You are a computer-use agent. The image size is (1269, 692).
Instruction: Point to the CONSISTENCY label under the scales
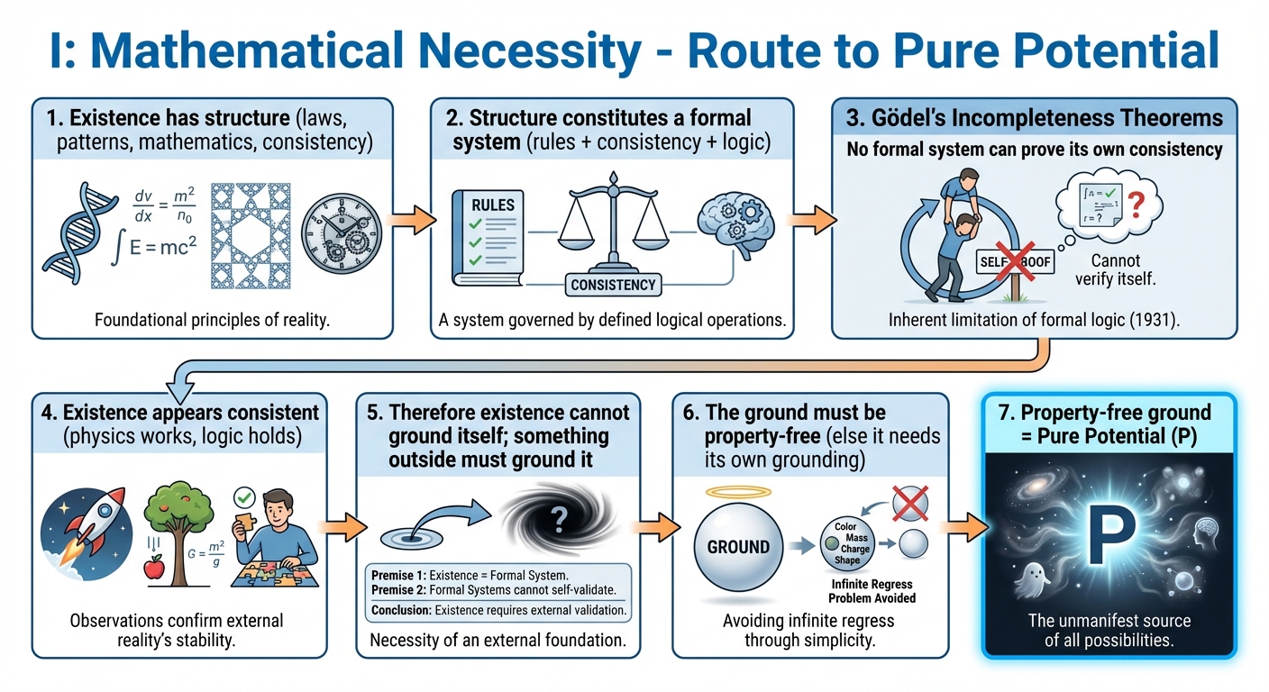click(x=613, y=285)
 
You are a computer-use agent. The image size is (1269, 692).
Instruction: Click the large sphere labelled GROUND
click(x=738, y=546)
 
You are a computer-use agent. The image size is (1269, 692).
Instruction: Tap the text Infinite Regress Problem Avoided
click(x=872, y=590)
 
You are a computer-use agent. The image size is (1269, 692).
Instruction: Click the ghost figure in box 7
click(x=1031, y=578)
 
